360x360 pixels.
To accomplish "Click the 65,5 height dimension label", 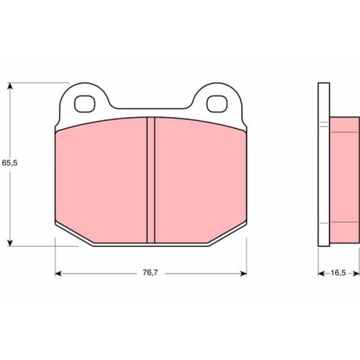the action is click(x=9, y=163).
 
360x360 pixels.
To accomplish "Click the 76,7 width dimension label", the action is click(x=150, y=273).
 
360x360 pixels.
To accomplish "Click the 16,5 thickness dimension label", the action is click(x=338, y=273).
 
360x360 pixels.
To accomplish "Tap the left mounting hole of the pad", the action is click(x=85, y=104).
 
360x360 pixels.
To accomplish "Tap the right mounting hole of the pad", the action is click(x=217, y=104).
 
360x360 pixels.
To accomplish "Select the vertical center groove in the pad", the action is click(x=150, y=180).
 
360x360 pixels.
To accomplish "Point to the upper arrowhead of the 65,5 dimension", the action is click(x=9, y=86).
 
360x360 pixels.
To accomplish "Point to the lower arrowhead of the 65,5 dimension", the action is click(x=9, y=243).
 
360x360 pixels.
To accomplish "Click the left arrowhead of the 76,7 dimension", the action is click(x=58, y=273).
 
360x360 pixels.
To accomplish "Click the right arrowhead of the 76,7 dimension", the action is click(x=243, y=273).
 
